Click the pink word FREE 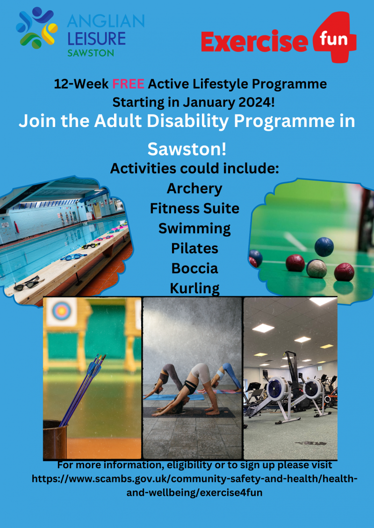(x=129, y=84)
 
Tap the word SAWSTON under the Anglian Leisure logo (x=91, y=53)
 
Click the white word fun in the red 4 (x=333, y=39)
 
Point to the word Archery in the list (x=194, y=189)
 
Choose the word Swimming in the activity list (x=194, y=229)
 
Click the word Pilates (x=194, y=248)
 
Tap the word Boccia (x=194, y=268)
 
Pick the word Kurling (x=194, y=289)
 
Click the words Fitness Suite (x=194, y=209)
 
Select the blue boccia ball (x=324, y=247)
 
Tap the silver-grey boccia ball (x=316, y=268)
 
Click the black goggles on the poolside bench (x=27, y=283)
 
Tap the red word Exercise (x=255, y=42)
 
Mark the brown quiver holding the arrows (x=55, y=439)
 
